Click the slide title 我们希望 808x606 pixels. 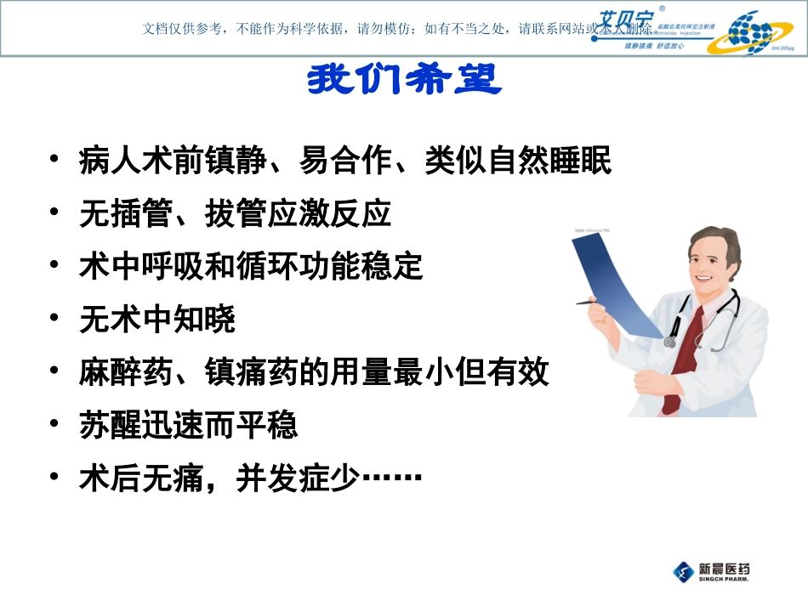click(x=403, y=81)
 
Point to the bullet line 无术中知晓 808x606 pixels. click(x=157, y=320)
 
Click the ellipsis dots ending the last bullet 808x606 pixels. click(x=392, y=479)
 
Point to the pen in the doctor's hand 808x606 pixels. click(x=595, y=300)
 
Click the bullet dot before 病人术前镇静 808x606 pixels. click(x=54, y=160)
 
